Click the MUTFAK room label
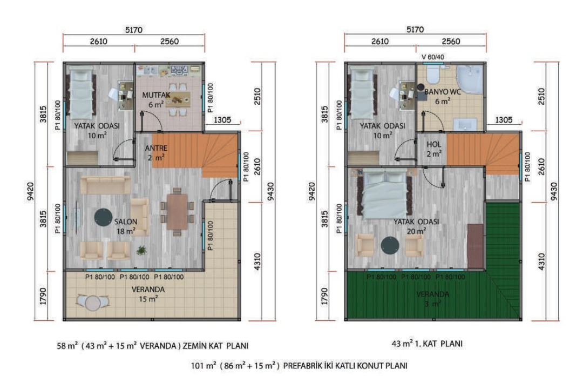156,95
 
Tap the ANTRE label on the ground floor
156,148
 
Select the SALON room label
126,222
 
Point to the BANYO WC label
443,92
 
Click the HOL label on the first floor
434,144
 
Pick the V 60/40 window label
433,57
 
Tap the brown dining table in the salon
177,212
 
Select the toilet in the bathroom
433,75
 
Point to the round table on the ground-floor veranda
93,303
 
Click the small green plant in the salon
141,251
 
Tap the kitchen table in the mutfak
178,99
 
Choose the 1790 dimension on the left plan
44,296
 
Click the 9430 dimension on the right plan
554,191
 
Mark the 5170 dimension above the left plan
134,30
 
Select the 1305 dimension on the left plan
222,120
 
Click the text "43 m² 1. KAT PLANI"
427,343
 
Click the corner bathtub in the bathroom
469,81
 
